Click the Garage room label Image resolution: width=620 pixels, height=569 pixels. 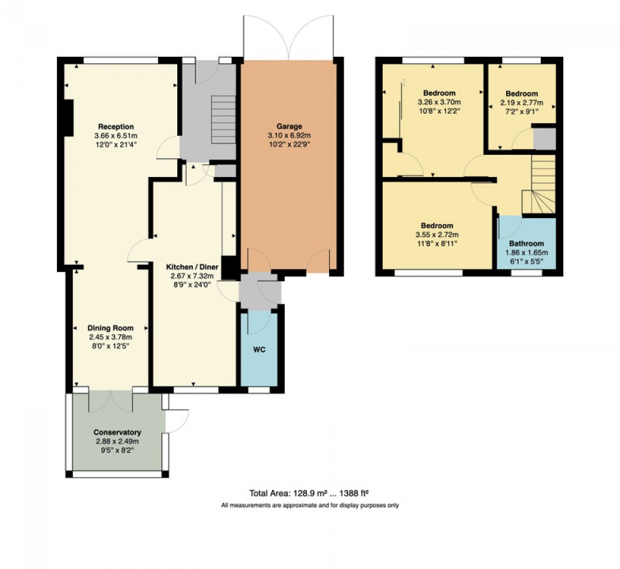pos(288,126)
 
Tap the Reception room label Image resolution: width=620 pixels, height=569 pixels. pos(116,126)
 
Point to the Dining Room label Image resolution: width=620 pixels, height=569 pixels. pos(111,328)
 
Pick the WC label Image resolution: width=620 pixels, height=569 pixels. pos(258,350)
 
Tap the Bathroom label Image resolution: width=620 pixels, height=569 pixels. pos(526,243)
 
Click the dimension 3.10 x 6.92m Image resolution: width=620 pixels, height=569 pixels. pos(288,135)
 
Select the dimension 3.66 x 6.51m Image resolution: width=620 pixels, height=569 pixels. pos(116,135)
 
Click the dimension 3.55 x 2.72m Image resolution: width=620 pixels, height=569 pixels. pos(437,235)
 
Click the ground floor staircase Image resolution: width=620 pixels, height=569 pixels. pos(222,121)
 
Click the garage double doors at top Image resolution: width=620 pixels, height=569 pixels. pos(288,37)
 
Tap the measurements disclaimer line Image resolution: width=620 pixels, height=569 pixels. pos(309,505)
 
